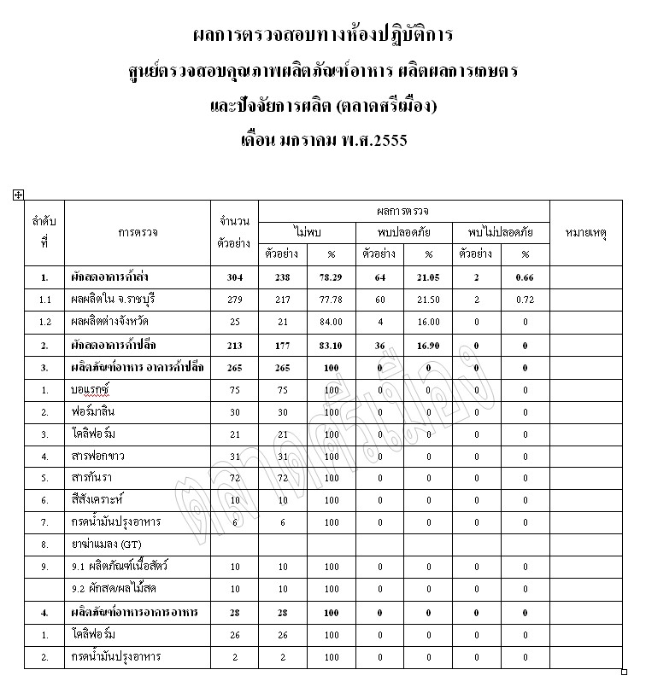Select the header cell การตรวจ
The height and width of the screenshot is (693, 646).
(138, 231)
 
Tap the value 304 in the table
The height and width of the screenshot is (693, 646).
(235, 277)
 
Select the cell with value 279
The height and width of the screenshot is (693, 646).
(235, 300)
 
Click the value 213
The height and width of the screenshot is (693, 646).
(235, 345)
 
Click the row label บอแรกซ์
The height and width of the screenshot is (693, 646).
(93, 389)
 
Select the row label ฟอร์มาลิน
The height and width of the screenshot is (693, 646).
(96, 412)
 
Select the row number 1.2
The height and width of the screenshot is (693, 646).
(44, 322)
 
